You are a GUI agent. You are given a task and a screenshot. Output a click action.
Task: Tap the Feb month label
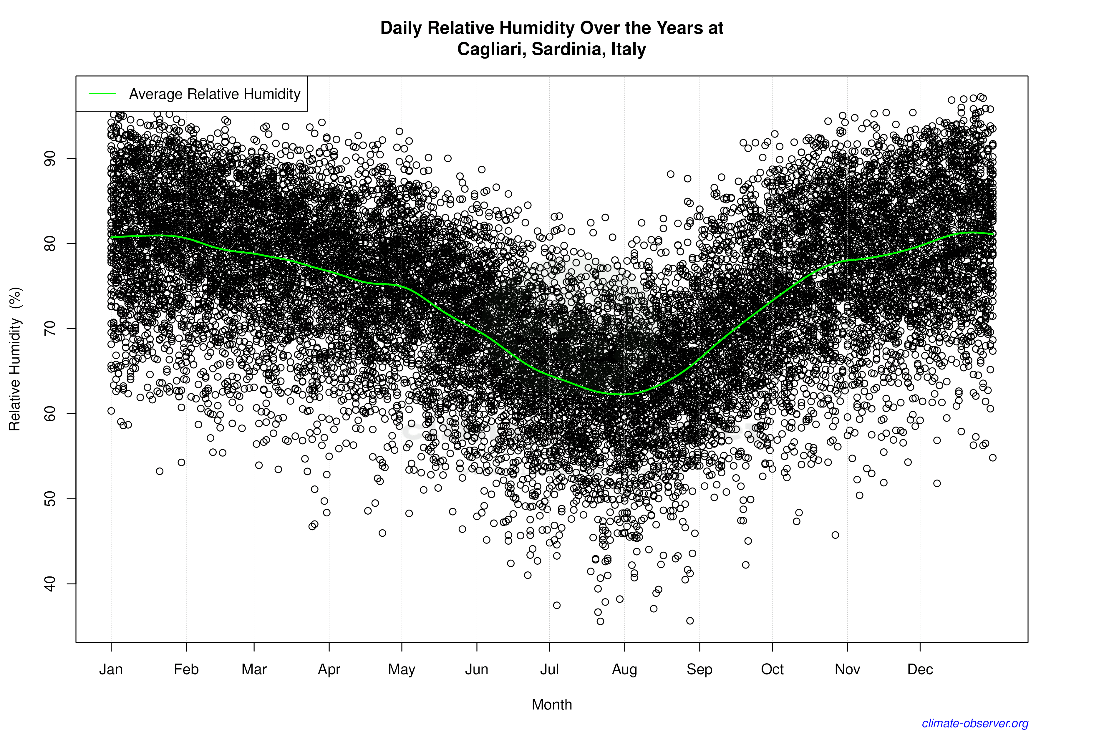coord(186,669)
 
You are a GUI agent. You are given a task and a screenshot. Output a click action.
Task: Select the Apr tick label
coord(329,669)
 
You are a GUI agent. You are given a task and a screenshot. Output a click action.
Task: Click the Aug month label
coord(624,669)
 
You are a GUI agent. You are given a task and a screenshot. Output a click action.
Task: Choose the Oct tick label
coord(772,669)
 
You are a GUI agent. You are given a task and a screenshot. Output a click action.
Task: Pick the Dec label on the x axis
coord(920,669)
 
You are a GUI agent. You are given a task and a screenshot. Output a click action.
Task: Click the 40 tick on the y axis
coord(50,584)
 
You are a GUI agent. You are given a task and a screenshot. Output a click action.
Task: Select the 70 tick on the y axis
coord(50,329)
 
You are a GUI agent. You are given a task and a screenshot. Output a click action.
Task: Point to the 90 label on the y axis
coord(50,158)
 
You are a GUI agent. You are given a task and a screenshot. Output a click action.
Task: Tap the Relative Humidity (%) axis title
coord(15,359)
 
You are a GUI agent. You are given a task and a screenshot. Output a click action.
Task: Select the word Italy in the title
coord(629,49)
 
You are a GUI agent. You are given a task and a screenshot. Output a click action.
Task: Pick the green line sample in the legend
coord(102,94)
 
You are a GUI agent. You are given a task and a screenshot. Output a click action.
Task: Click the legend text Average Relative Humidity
coord(215,94)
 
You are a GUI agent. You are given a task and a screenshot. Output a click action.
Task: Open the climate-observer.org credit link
coord(975,723)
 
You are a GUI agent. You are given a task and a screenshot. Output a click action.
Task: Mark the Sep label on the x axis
coord(699,669)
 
